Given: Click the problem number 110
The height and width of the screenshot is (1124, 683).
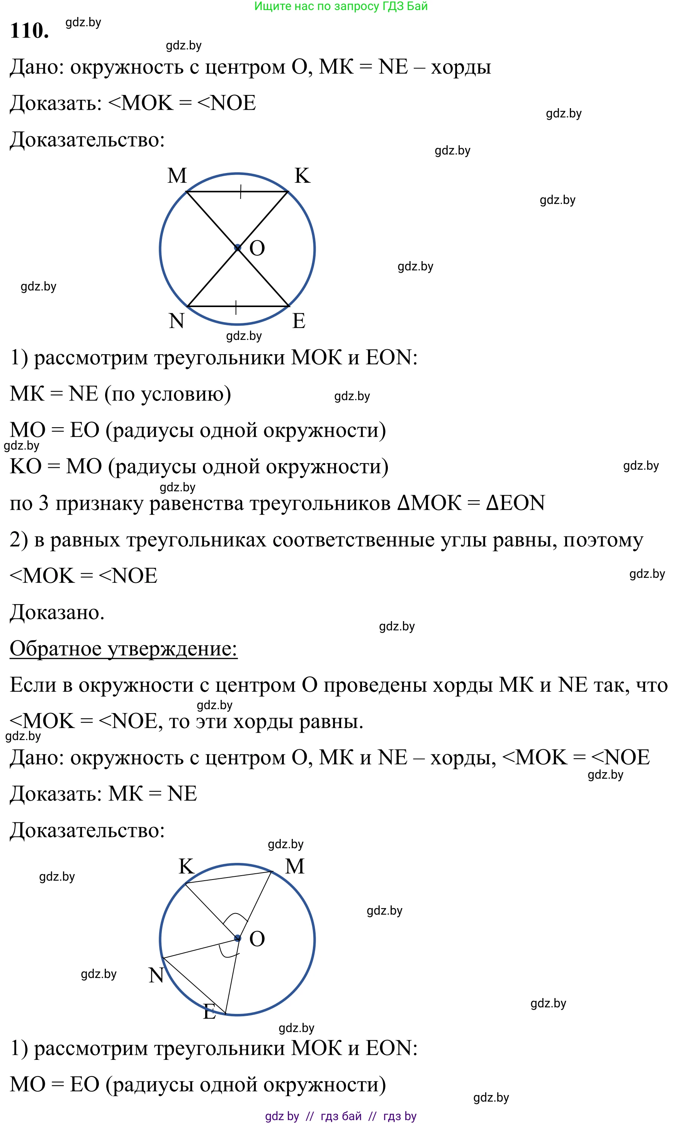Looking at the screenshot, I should point(29,31).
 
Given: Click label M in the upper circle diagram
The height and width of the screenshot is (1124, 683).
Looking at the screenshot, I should point(177,176).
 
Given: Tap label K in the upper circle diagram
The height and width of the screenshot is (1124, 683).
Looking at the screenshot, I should point(302,176).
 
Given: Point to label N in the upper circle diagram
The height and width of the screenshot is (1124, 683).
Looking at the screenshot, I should point(177,321).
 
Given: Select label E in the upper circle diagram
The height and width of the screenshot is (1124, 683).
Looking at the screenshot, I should point(299,321).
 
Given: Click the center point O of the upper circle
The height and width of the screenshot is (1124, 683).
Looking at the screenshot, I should point(237,248).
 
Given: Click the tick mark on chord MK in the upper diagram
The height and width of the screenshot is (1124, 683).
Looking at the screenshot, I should point(240,192).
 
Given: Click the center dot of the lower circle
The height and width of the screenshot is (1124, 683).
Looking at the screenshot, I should point(237,938).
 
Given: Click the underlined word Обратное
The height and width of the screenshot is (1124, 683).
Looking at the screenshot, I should point(55,648).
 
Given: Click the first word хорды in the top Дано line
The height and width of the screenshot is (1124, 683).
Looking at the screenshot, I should point(461,68).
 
